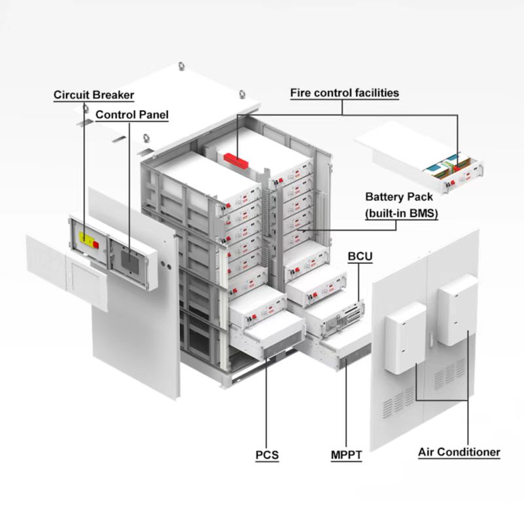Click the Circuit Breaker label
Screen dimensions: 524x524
(94, 95)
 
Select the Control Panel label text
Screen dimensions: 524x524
(132, 115)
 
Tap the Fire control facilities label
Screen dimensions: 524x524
(345, 93)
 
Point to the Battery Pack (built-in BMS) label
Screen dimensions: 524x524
(400, 205)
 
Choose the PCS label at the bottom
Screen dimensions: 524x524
(267, 453)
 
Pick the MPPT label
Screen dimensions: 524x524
(346, 453)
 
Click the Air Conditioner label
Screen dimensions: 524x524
(459, 452)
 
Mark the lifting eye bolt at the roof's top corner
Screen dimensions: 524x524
(181, 67)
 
